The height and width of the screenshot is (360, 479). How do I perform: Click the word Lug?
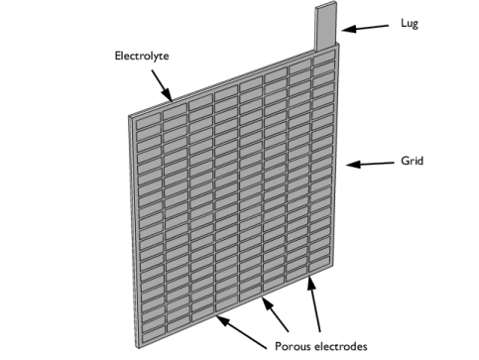coord(409,23)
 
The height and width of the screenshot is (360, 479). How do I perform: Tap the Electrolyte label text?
coord(142,57)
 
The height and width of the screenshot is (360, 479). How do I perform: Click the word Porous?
coord(293,346)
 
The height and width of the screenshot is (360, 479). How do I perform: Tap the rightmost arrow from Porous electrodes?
coord(317,308)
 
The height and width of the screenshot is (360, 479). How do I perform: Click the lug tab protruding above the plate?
coord(327,26)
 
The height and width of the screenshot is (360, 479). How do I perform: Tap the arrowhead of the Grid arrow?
coord(350,165)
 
